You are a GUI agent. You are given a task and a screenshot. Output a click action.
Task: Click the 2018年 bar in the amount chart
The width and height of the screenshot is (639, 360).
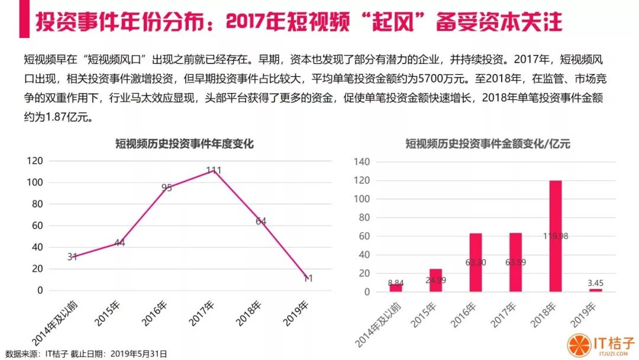555,236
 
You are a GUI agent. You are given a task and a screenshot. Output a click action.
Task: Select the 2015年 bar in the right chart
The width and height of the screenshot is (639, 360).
435,281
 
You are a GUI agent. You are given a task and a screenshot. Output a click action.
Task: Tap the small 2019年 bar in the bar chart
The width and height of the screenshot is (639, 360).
595,290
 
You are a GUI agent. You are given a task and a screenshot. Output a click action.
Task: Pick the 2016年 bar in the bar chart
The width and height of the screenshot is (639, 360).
476,262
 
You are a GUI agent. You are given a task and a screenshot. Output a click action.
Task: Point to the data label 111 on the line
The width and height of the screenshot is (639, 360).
214,170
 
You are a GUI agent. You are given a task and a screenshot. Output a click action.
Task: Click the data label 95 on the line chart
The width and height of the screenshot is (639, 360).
167,188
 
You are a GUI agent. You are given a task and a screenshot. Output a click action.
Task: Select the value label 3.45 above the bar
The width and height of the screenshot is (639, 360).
595,282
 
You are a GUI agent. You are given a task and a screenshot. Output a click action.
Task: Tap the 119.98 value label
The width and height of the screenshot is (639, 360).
556,236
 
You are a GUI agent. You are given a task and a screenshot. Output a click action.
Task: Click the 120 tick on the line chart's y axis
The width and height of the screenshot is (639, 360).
35,160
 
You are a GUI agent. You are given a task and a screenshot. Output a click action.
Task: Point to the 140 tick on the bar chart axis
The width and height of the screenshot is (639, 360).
362,162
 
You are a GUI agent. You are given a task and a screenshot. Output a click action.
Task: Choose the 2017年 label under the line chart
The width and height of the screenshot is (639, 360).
201,314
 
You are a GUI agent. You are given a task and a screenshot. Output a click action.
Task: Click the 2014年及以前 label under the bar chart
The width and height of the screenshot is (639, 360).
377,325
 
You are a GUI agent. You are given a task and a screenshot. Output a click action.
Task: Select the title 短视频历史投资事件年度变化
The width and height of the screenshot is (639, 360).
184,143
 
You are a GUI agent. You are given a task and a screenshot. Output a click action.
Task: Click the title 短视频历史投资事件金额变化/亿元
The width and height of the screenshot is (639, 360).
488,143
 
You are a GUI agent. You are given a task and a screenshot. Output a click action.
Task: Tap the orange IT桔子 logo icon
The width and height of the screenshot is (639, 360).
579,345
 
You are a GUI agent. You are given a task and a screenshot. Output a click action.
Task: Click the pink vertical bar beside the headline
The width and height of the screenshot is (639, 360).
24,19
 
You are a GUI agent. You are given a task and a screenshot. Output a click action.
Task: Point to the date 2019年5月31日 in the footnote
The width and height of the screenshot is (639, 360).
138,353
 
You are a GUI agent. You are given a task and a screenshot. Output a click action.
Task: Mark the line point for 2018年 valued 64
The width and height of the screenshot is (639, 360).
261,221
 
